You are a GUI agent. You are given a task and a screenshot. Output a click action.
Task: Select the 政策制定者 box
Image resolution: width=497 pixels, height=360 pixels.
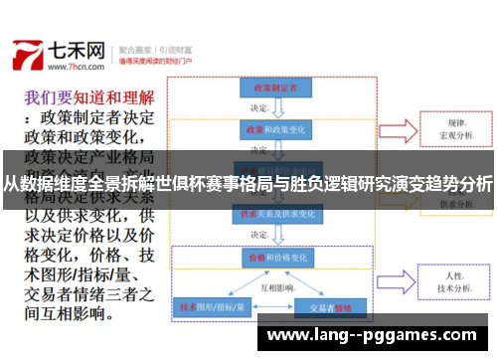click(x=269, y=89)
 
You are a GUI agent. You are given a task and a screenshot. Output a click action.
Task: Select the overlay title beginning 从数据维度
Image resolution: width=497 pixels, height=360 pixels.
click(x=248, y=183)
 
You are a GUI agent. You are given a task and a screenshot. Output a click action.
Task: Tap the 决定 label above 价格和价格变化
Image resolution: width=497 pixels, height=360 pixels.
click(x=259, y=235)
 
